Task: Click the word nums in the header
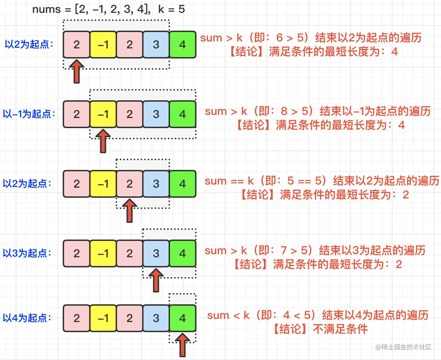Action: (46, 9)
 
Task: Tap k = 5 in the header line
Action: (171, 9)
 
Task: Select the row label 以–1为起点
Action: (29, 114)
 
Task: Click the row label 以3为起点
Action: (27, 253)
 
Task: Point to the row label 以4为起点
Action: (27, 318)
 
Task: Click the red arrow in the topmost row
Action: (77, 71)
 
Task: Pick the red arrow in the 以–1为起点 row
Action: (103, 141)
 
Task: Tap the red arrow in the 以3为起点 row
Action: (156, 280)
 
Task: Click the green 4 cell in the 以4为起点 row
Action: (183, 318)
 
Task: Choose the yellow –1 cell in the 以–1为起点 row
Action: (103, 114)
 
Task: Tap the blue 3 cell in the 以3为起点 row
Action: (156, 253)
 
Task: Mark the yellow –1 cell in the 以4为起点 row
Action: (103, 318)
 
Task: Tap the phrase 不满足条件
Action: (340, 329)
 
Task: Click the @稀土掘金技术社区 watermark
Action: (403, 347)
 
